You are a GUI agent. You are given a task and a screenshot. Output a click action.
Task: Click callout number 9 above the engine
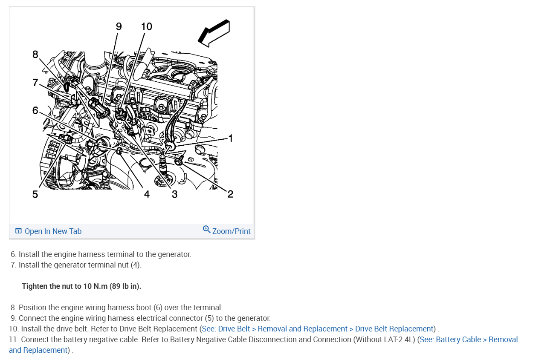[119, 26]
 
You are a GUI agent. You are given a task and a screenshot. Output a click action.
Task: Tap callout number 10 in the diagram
[146, 26]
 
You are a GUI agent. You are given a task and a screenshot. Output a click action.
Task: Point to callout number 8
[35, 54]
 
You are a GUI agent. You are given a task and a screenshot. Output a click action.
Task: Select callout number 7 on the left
[35, 82]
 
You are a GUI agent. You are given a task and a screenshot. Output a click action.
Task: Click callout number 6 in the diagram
[35, 110]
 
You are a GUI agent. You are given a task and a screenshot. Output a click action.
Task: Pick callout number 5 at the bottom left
[35, 194]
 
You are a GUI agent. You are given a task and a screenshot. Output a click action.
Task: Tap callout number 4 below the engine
[147, 194]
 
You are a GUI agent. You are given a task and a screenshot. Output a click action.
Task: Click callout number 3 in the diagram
[175, 194]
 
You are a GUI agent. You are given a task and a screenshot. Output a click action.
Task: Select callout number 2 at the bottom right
[230, 194]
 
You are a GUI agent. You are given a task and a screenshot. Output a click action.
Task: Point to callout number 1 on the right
[231, 138]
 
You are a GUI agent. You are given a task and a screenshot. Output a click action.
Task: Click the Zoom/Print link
[232, 231]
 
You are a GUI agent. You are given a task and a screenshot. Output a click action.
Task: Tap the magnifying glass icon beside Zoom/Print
[207, 230]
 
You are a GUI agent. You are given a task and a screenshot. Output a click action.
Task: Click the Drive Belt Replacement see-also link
[318, 328]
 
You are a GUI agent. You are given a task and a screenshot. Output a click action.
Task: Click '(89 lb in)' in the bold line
[125, 286]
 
